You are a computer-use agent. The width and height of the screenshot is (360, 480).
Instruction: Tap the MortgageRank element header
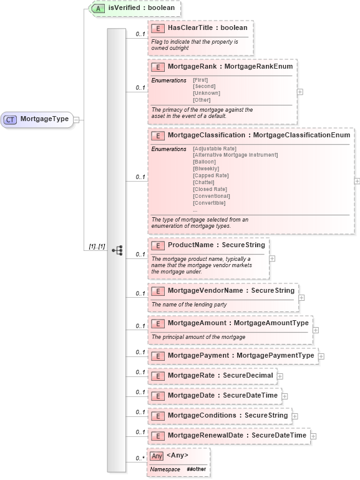point(221,66)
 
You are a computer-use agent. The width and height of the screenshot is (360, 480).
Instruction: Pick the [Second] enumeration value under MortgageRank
point(203,87)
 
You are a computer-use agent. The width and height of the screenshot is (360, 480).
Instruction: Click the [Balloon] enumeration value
point(204,162)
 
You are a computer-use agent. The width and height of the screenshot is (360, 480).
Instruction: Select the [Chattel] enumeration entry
point(204,182)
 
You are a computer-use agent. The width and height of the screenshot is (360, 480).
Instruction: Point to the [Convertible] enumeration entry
point(209,203)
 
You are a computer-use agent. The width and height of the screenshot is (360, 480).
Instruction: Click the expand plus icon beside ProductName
point(272,258)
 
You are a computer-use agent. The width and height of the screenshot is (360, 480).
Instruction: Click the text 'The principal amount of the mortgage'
point(198,337)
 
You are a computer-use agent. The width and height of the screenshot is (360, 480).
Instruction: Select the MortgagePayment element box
point(232,356)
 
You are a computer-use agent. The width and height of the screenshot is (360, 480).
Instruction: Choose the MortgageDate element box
point(214,396)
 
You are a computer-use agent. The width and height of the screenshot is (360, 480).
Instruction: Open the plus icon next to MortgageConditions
point(294,416)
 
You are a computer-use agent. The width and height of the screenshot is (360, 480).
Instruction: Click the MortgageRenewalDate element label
point(237,436)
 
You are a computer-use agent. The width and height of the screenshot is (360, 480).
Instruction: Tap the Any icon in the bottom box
point(157,456)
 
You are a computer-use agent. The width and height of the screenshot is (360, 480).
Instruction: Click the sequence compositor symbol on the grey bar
point(117,250)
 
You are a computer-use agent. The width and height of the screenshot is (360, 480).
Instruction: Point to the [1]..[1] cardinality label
point(96,248)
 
